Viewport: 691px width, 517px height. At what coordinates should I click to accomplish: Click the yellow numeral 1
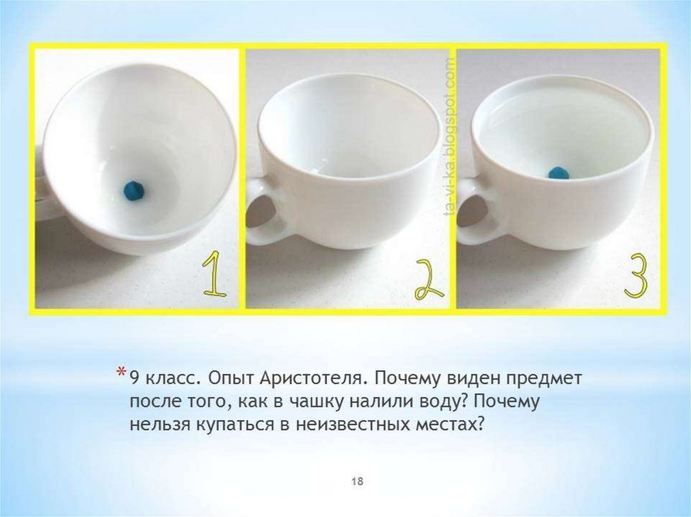pos(214,274)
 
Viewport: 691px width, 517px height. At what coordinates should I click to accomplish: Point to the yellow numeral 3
pos(636,276)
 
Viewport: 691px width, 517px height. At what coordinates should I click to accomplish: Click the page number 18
pos(357,481)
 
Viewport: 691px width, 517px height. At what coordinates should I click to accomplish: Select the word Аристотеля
pos(312,379)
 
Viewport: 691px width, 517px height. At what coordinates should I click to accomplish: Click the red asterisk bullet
pos(120,372)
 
